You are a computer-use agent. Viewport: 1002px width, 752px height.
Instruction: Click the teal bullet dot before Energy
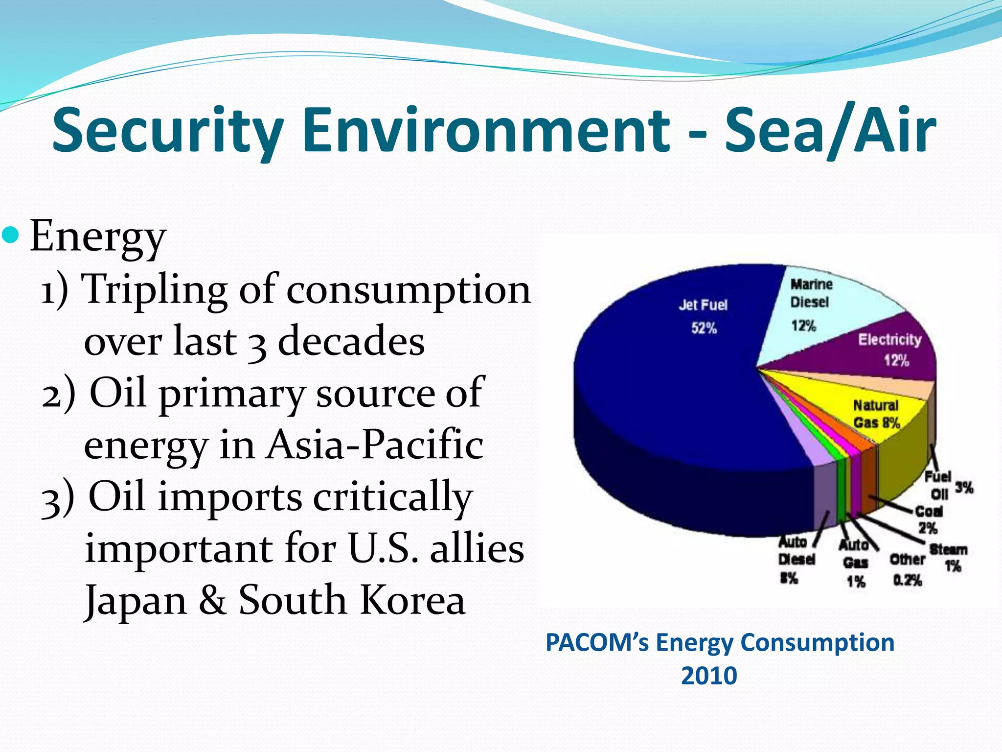[x=11, y=235]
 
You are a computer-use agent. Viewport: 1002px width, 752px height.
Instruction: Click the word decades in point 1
[x=351, y=341]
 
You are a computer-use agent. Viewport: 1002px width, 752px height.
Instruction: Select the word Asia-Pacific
[x=374, y=445]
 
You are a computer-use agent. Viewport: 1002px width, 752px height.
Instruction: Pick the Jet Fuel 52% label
[x=704, y=316]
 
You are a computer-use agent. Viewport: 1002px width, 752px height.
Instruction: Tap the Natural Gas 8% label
[x=876, y=414]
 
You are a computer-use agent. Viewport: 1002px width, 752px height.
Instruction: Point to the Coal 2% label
[x=928, y=519]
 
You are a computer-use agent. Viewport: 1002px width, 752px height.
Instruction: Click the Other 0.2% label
[x=907, y=570]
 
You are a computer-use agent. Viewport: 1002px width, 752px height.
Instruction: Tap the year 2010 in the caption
[x=709, y=676]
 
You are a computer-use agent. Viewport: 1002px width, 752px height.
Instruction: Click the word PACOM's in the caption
[x=597, y=642]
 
